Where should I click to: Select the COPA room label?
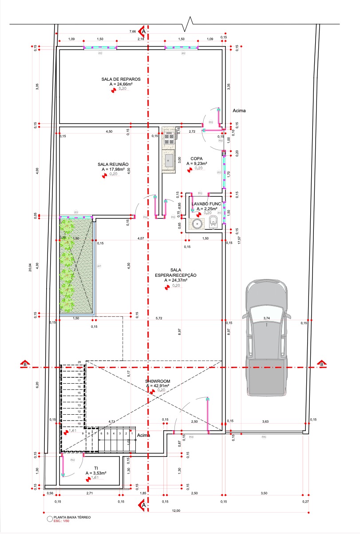point(196,158)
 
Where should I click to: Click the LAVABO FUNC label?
point(206,204)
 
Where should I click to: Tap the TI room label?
point(96,468)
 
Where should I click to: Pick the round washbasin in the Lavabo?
point(198,224)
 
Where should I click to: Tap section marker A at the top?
point(143,31)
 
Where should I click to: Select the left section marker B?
point(25,364)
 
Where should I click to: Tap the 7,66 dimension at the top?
point(132,32)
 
